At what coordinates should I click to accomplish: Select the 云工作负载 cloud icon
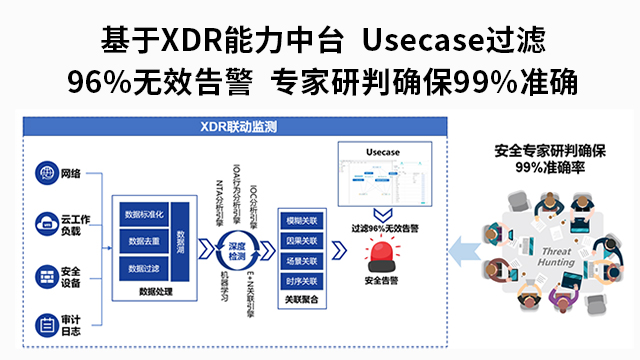[46, 223]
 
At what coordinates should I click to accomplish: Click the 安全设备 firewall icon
[46, 274]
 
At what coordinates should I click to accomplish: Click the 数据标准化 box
[145, 215]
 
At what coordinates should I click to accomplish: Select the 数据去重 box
[145, 241]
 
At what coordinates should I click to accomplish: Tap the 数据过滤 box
[145, 268]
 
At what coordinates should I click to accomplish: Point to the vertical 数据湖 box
[181, 241]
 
